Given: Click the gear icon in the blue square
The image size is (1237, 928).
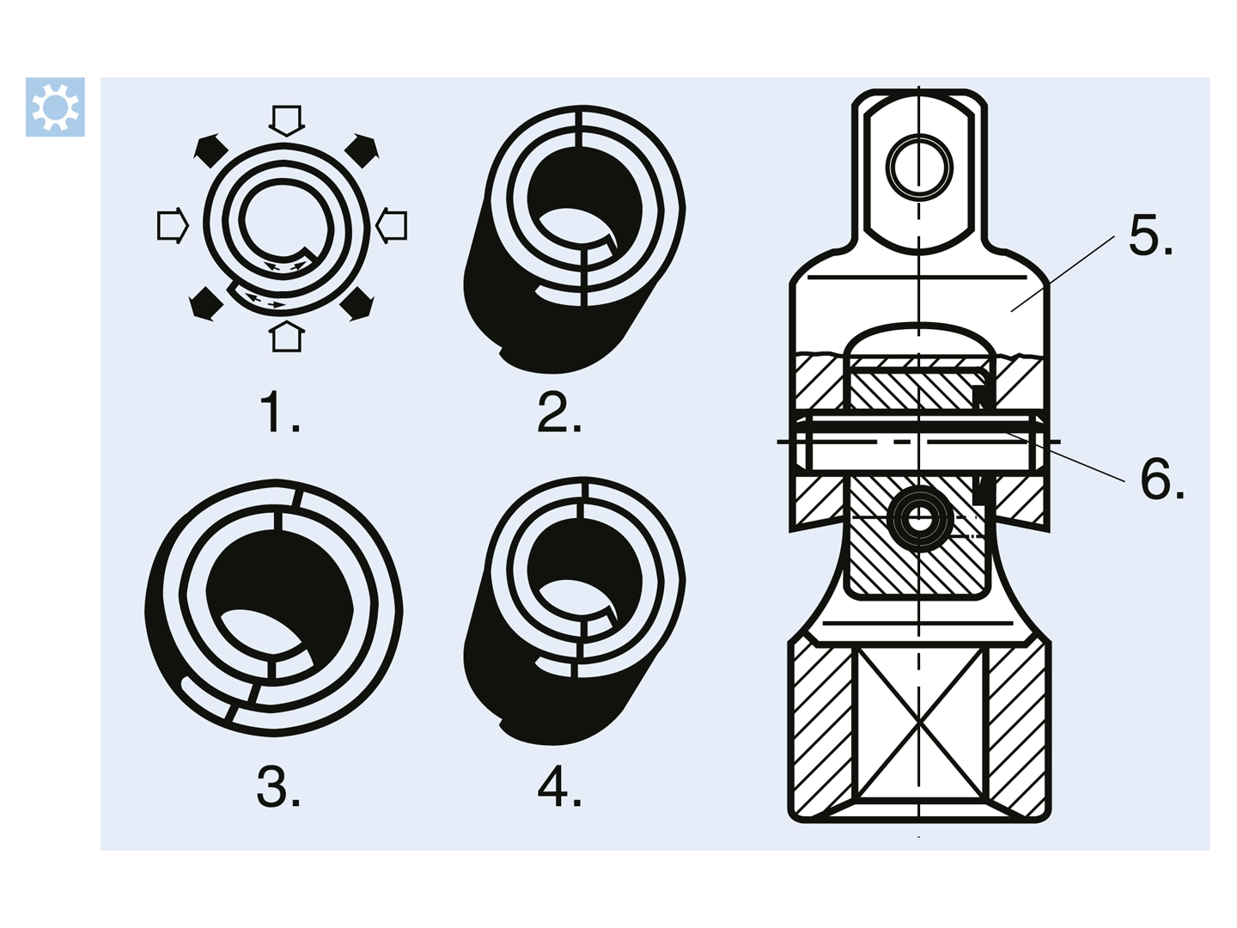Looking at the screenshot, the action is (55, 107).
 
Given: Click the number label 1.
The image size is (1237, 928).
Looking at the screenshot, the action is (279, 412).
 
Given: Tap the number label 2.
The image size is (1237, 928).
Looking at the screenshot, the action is (559, 412).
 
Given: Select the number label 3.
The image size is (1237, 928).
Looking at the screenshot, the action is (278, 786).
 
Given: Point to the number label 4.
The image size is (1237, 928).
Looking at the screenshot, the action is (559, 786).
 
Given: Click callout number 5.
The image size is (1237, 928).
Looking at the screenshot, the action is (1150, 235).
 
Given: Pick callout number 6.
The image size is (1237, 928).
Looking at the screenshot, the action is (1162, 479).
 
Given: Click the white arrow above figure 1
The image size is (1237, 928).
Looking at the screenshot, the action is (287, 120).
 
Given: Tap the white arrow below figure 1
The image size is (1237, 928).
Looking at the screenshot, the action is (287, 336).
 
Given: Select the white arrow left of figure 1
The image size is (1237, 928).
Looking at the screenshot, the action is (173, 225).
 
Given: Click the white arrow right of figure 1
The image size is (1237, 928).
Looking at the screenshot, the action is (391, 225).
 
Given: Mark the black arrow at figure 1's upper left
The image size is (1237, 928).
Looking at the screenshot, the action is (210, 150).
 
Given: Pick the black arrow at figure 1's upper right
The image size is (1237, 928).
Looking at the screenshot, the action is (363, 150).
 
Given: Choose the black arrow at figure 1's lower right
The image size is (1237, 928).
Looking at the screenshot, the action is (356, 304).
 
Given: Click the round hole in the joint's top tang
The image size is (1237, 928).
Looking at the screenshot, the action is (919, 168).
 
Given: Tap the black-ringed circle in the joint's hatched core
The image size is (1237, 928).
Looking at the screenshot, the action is (920, 518).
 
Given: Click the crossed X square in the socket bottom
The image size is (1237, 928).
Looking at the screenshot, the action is (918, 723).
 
